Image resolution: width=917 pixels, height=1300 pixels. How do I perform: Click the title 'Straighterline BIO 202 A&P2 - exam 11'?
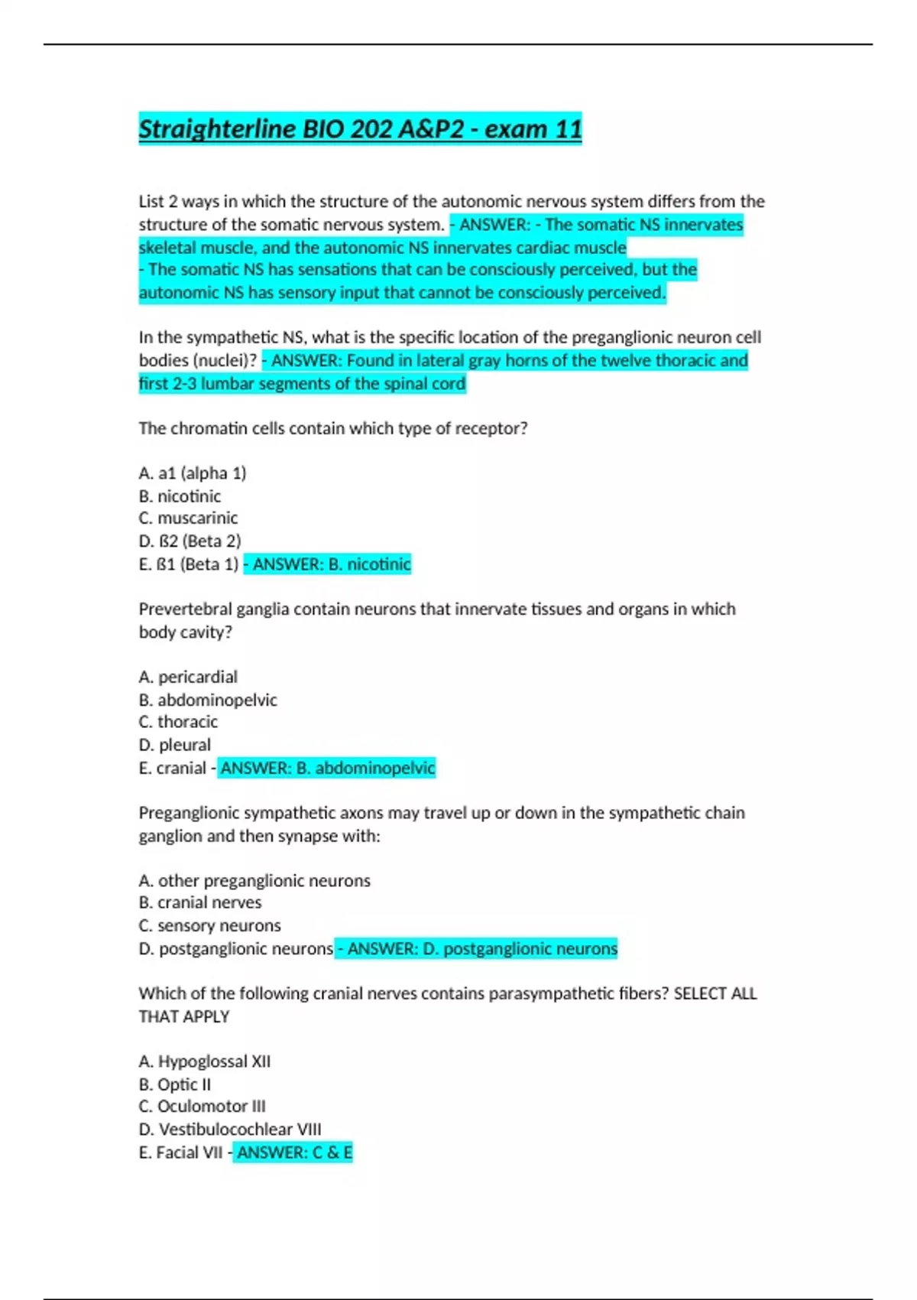[360, 128]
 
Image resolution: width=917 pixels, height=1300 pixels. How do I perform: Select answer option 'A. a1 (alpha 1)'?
[193, 473]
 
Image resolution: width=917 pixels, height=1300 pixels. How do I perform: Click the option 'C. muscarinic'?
[188, 518]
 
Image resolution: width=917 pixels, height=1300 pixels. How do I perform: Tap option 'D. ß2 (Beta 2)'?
[190, 541]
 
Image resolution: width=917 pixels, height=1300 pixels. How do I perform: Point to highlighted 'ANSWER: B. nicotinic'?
[331, 564]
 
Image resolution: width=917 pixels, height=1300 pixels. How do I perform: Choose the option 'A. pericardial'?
[188, 677]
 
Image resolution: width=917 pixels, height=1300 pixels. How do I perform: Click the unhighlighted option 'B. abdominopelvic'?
[208, 700]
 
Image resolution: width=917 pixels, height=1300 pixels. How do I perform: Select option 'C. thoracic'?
[178, 722]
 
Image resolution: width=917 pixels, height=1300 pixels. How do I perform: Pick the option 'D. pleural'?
[174, 745]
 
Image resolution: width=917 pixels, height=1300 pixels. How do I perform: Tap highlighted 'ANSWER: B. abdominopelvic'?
[327, 768]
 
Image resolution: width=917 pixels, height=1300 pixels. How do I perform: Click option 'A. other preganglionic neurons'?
[254, 881]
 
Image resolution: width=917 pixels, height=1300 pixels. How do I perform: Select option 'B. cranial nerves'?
[200, 903]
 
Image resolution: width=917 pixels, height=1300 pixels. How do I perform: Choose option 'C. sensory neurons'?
[209, 926]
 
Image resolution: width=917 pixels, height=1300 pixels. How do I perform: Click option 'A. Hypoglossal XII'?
[205, 1061]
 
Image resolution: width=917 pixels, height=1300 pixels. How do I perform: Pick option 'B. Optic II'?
[175, 1084]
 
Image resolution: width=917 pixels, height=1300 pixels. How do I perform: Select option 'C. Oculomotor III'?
[203, 1107]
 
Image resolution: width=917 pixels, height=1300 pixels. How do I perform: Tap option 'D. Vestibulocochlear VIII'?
[230, 1129]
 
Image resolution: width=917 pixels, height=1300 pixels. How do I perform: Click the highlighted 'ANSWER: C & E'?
[294, 1152]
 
